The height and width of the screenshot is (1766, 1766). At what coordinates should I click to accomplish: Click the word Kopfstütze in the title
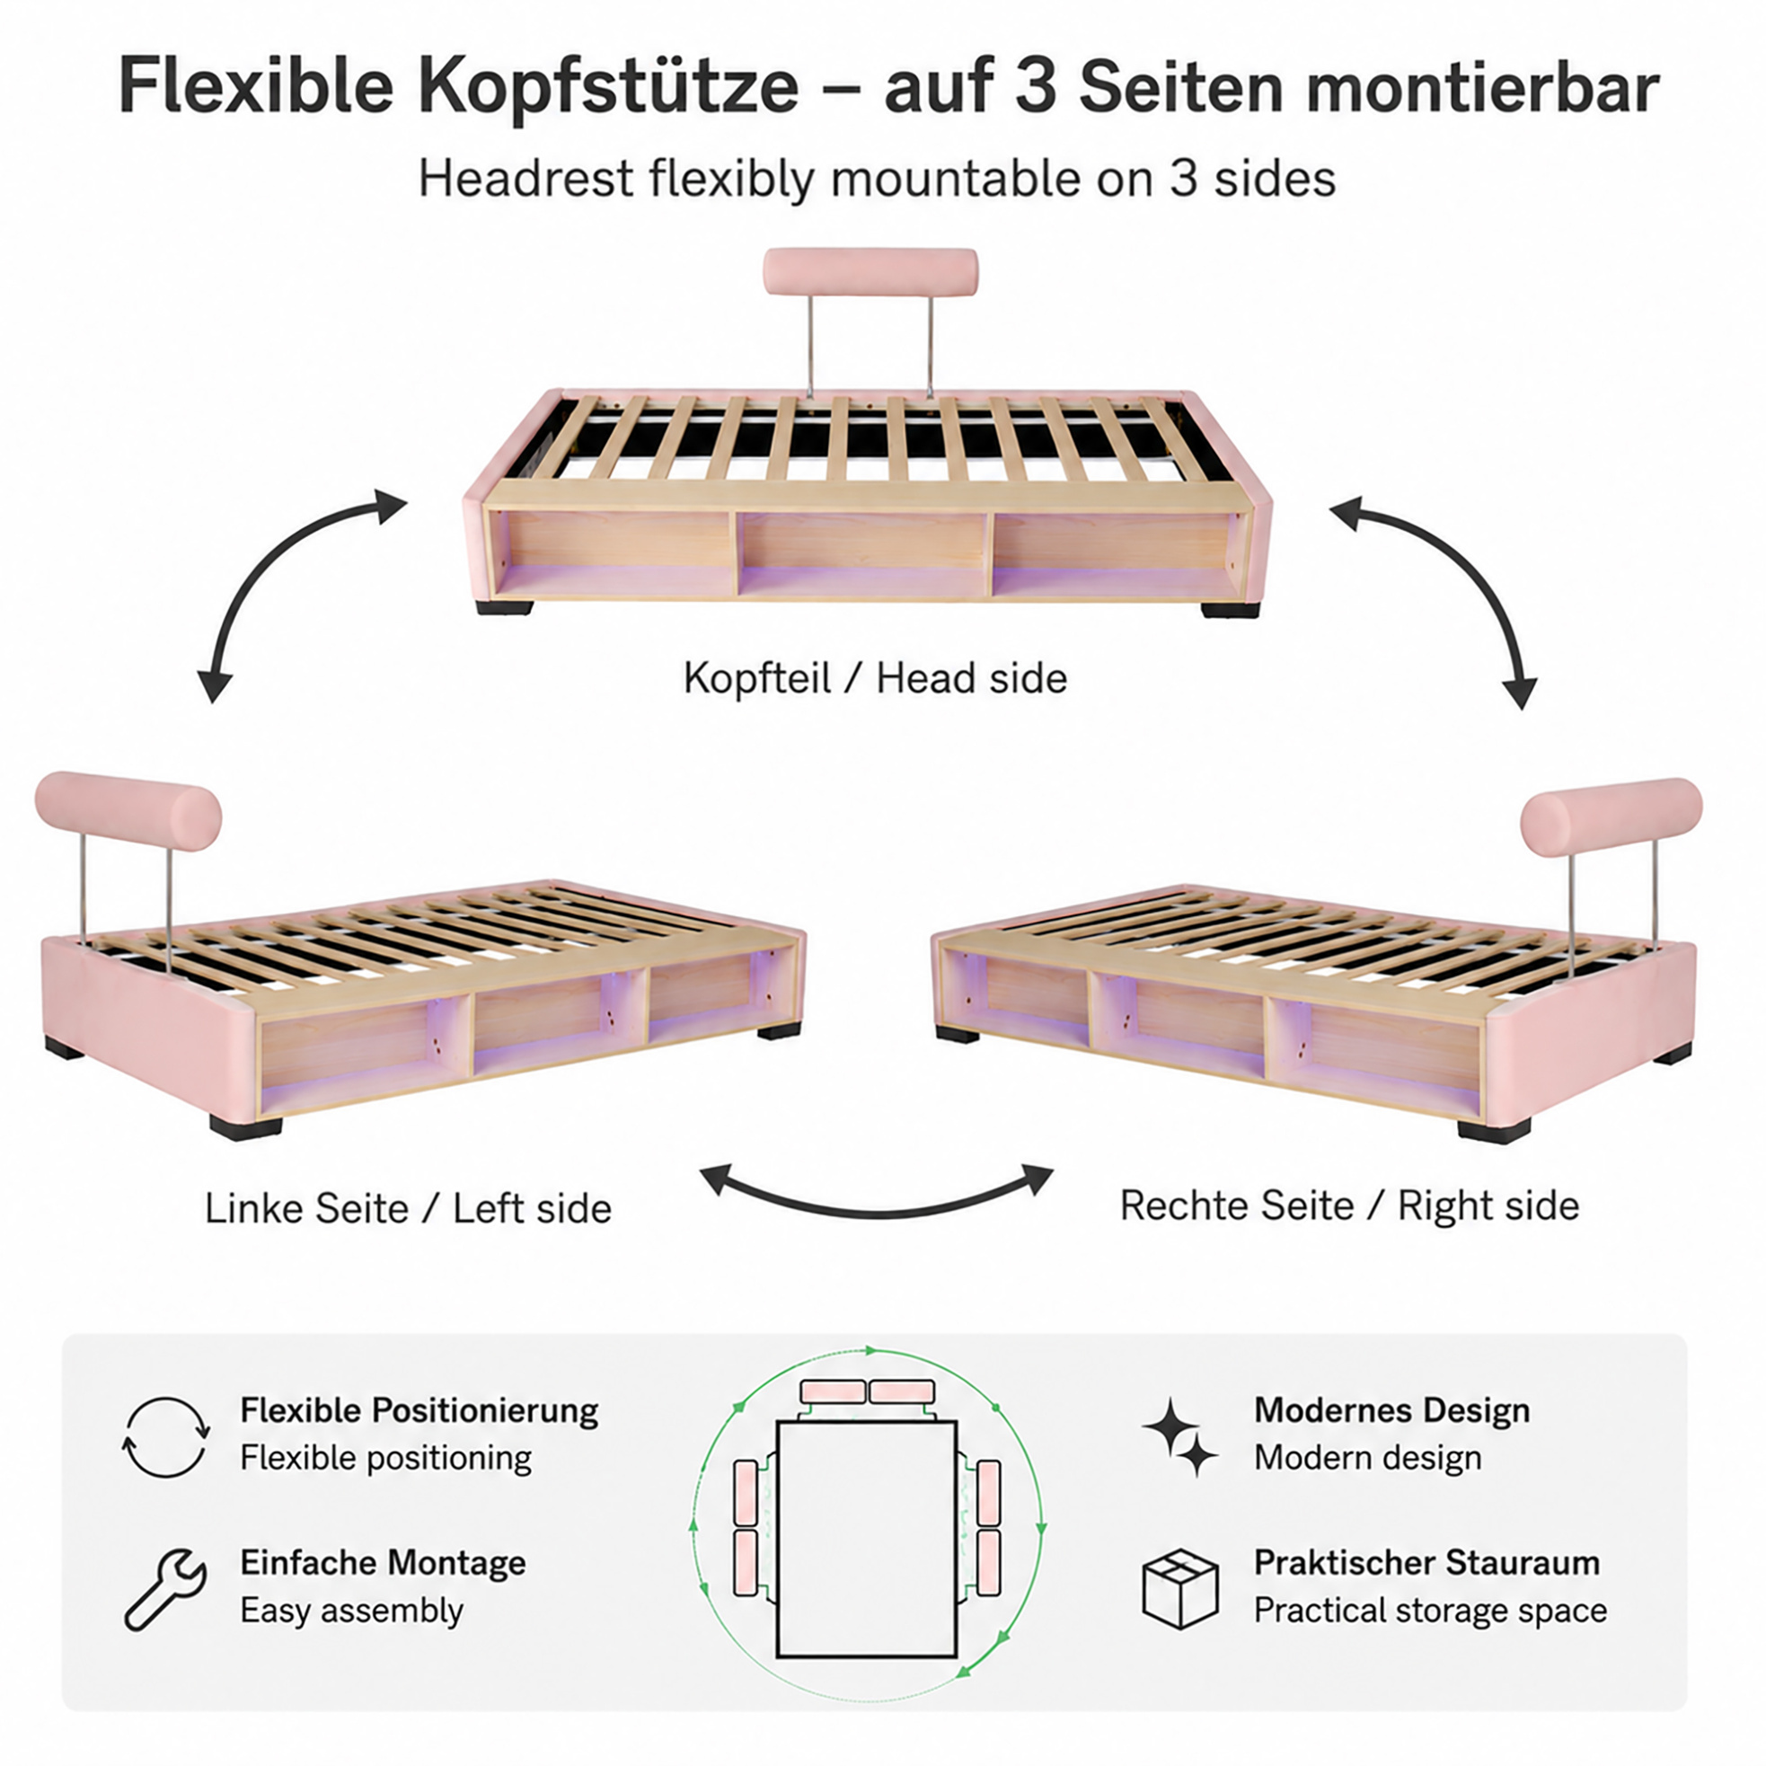click(608, 88)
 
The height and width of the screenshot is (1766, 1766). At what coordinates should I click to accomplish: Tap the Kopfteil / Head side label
click(875, 679)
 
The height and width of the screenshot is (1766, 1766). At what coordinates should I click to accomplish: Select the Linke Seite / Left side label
click(408, 1208)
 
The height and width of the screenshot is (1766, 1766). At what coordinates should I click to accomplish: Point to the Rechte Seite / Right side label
click(1349, 1205)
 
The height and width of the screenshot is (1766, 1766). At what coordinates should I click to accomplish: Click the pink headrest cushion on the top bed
click(870, 271)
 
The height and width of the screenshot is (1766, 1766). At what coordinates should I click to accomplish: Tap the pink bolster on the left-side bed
click(128, 811)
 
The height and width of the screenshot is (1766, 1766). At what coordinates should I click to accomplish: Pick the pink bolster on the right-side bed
click(1611, 817)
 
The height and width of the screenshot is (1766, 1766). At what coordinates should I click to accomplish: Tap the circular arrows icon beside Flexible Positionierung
click(165, 1437)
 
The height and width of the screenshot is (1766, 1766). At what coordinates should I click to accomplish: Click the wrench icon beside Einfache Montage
click(165, 1591)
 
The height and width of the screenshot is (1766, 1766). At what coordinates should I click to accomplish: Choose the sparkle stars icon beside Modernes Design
click(1180, 1437)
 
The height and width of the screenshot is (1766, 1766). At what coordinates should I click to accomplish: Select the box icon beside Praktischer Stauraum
click(1180, 1589)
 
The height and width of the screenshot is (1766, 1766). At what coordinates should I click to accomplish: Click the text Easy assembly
click(352, 1610)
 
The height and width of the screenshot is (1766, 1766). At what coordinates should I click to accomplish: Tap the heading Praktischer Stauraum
click(1426, 1562)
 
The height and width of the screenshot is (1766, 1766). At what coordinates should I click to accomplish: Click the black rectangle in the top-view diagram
click(867, 1539)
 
